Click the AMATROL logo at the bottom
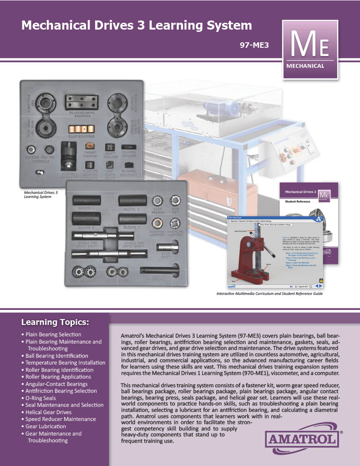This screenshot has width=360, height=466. [302, 440]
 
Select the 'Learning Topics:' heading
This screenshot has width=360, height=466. [55, 323]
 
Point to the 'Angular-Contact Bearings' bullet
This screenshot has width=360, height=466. [57, 384]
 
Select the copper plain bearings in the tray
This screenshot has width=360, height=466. [81, 129]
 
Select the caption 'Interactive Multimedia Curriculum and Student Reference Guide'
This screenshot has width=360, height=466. [270, 294]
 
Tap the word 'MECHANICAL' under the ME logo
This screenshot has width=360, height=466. [305, 66]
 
